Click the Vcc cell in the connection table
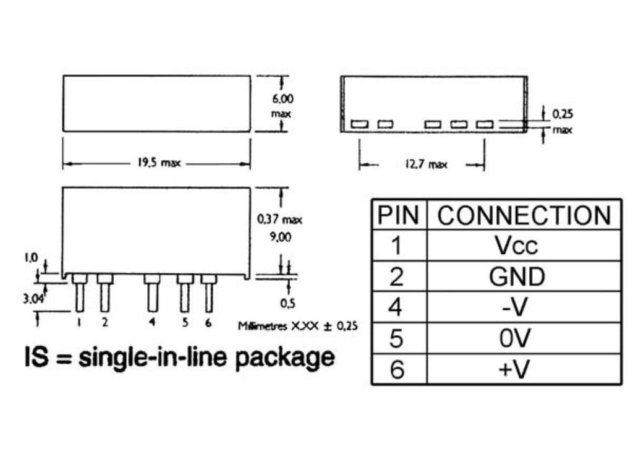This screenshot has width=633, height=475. click(517, 246)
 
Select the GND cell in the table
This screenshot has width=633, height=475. click(517, 276)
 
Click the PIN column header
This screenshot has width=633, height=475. click(399, 215)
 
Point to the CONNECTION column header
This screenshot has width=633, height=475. click(524, 215)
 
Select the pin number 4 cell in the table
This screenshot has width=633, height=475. click(398, 307)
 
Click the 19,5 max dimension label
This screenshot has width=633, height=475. click(158, 164)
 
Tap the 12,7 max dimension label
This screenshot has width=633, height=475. click(426, 165)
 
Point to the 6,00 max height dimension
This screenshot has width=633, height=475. click(281, 106)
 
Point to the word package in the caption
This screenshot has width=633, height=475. click(285, 357)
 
